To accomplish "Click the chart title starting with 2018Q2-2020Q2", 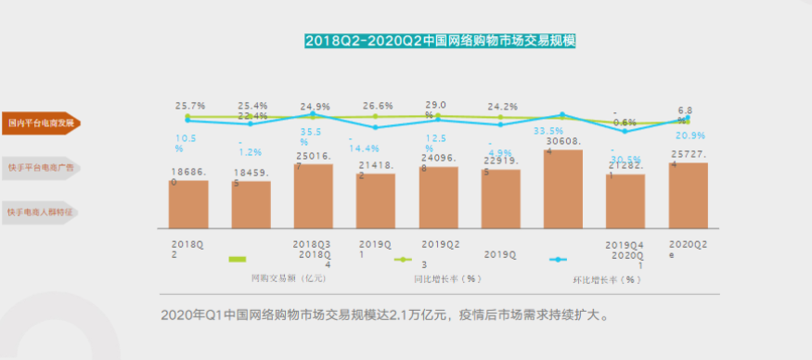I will click(x=441, y=41).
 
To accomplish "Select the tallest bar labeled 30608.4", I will click(x=562, y=189).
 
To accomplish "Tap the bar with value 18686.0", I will click(x=188, y=204).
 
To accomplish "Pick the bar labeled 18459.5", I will click(x=251, y=205).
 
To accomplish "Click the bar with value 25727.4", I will click(x=688, y=196).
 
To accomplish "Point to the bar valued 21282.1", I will click(x=625, y=201).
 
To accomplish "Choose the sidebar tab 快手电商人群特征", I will click(x=40, y=212).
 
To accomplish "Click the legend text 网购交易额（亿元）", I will click(x=289, y=277).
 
